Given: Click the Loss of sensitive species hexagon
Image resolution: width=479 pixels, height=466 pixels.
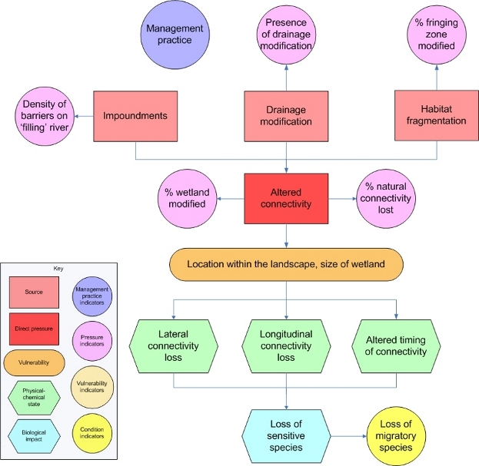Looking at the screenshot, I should pos(286,434).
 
